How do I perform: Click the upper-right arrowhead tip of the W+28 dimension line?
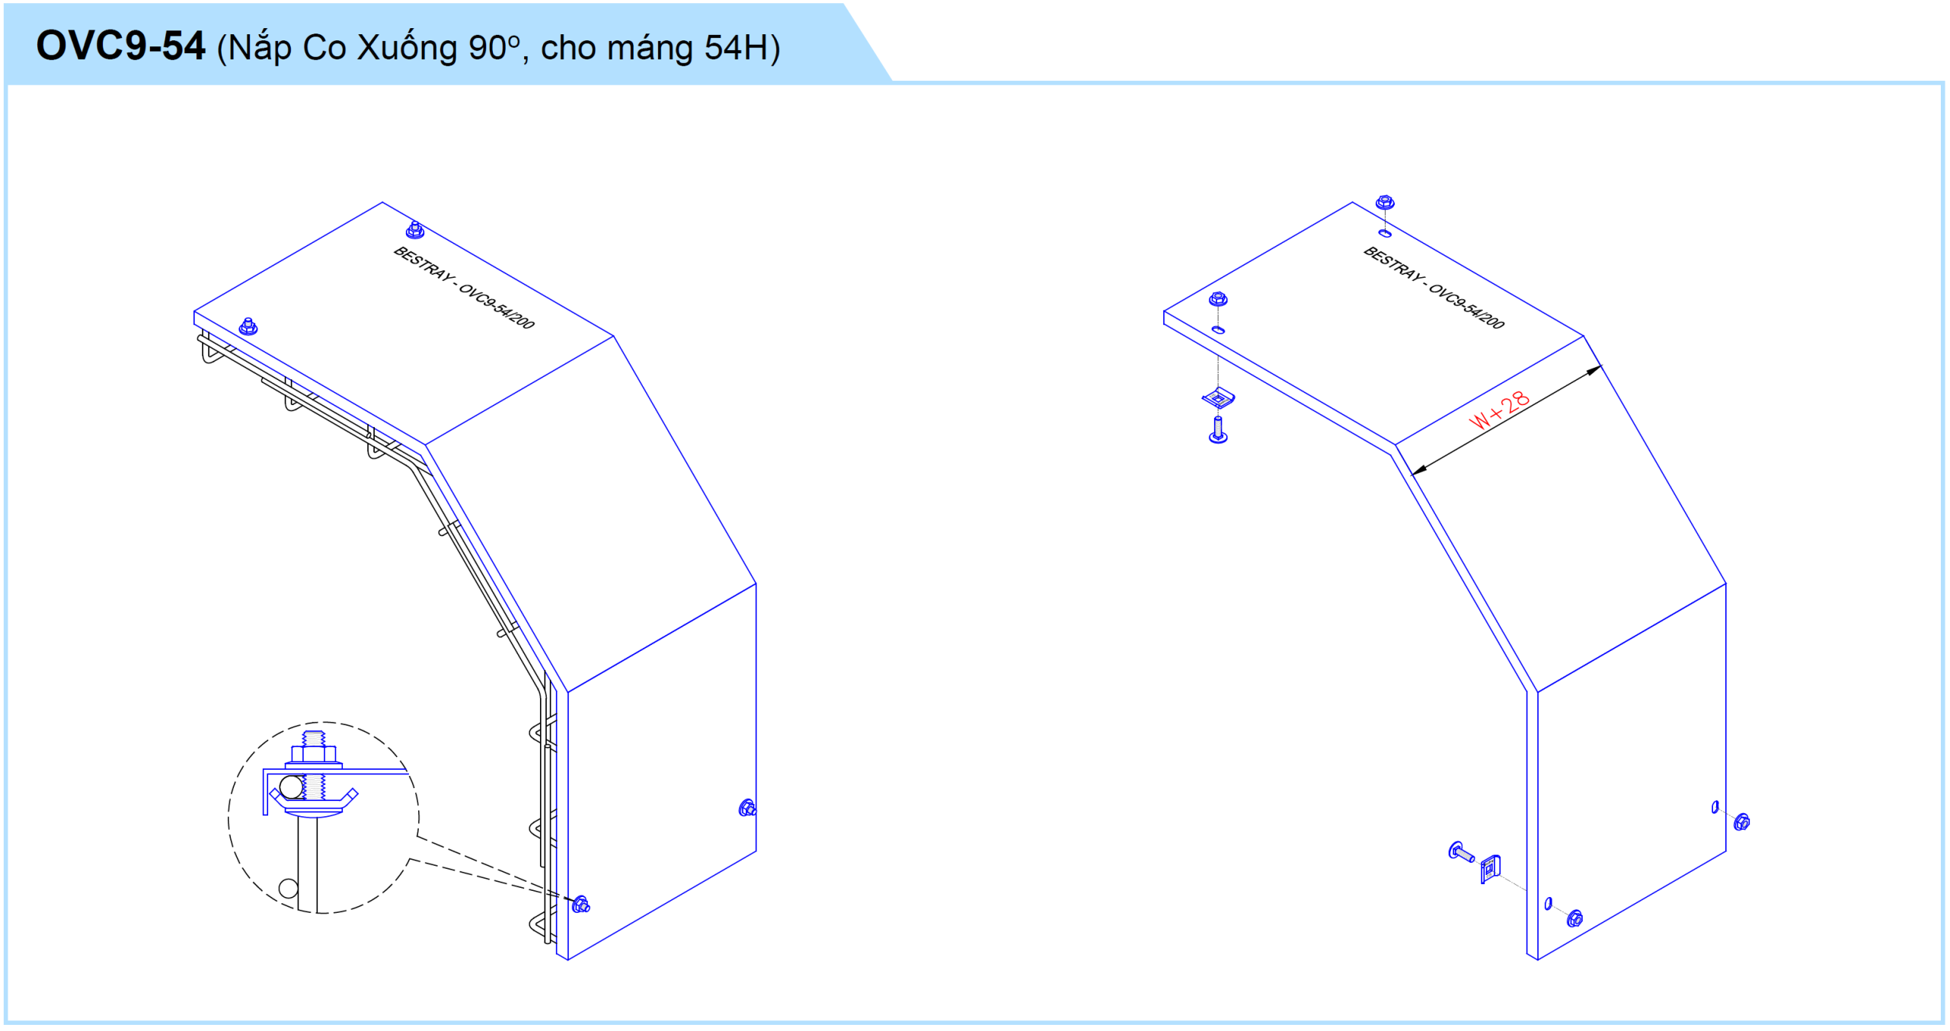(1601, 366)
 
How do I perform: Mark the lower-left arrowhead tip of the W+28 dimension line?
(1412, 475)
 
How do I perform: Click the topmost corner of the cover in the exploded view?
(1352, 202)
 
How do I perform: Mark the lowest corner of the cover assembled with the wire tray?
(568, 960)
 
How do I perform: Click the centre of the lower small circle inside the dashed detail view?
(288, 888)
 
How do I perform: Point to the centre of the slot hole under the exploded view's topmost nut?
(1385, 233)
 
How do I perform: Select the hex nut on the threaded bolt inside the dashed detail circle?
(314, 755)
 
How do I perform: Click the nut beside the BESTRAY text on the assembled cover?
(415, 229)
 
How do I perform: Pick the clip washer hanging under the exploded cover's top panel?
(1218, 397)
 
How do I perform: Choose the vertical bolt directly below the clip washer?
(1218, 429)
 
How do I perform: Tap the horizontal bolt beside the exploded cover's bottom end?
(1460, 852)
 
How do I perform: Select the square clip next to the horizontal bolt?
(1490, 870)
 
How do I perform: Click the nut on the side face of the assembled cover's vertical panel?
(747, 808)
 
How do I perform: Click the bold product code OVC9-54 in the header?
(120, 46)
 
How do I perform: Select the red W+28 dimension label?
(1499, 410)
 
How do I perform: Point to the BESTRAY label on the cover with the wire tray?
(464, 288)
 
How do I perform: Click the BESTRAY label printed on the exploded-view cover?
(1434, 288)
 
